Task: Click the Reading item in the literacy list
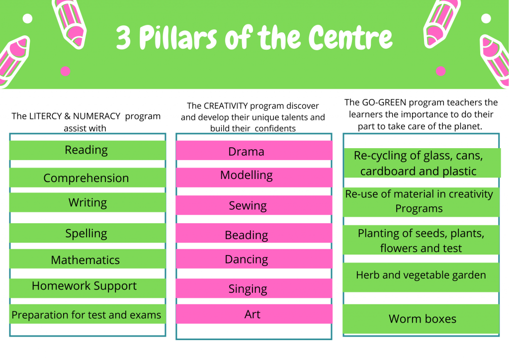[86, 150]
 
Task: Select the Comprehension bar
[86, 178]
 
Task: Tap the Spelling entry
[86, 233]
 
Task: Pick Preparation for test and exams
[86, 315]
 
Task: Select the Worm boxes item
[423, 319]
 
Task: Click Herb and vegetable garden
[421, 275]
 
